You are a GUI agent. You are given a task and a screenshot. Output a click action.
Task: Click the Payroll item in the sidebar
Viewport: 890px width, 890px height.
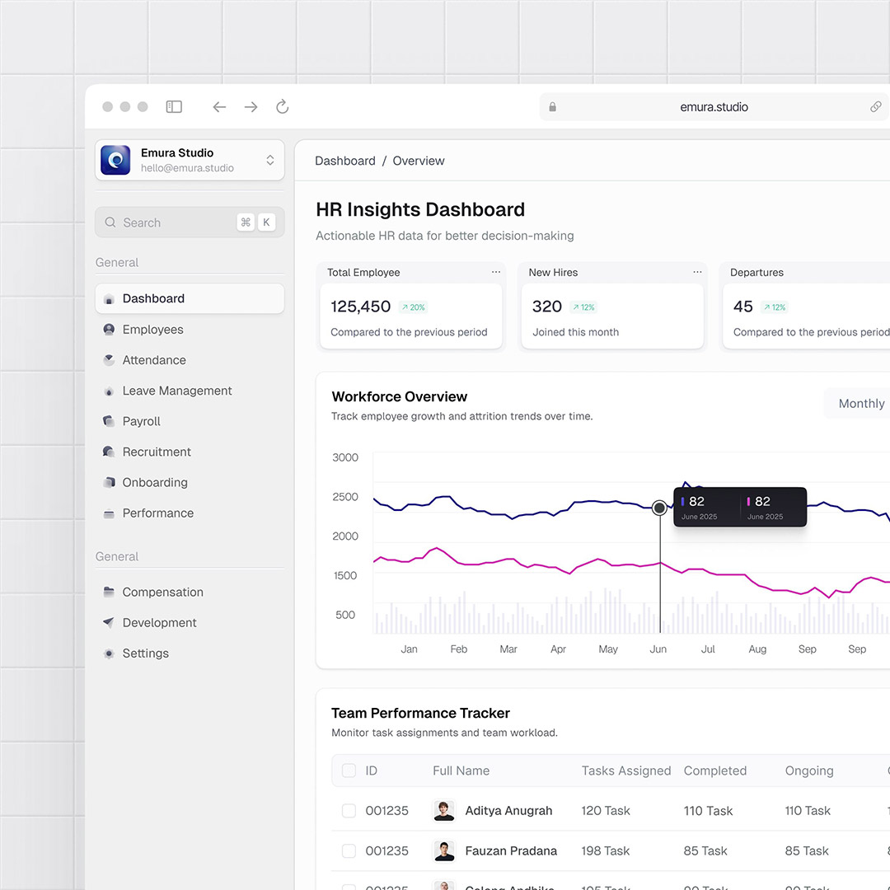[141, 421]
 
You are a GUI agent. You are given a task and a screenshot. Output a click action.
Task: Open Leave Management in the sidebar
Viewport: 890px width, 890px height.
[176, 391]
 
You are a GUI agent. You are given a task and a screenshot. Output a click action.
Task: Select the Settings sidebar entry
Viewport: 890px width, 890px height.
[145, 653]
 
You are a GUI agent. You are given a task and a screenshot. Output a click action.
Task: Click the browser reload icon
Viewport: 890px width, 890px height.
[282, 107]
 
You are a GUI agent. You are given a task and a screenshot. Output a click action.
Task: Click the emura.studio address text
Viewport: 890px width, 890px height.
[714, 107]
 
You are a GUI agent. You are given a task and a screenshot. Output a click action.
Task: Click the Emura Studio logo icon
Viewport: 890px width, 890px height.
[115, 160]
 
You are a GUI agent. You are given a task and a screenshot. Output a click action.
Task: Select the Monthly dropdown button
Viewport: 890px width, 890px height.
[860, 404]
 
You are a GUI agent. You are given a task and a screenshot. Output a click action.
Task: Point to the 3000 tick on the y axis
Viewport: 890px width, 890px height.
[345, 457]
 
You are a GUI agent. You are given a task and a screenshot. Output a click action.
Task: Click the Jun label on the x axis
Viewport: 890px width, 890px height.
[658, 649]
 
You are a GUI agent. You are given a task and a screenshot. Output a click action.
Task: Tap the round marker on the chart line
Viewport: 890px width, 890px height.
[659, 508]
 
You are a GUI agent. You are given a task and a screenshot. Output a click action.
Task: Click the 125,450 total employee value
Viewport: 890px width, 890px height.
[361, 307]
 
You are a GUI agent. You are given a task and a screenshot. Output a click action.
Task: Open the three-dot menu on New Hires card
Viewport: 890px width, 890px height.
[697, 272]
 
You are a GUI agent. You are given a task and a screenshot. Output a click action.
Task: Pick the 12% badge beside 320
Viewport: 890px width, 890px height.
[583, 307]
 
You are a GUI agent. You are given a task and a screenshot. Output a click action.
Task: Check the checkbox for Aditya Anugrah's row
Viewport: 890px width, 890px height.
[349, 811]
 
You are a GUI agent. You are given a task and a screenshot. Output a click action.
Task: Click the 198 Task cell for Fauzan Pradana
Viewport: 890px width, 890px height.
[605, 850]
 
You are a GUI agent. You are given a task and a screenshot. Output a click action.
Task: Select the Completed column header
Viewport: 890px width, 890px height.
[714, 771]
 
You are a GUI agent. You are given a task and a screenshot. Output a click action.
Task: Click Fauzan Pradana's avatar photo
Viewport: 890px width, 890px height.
[444, 850]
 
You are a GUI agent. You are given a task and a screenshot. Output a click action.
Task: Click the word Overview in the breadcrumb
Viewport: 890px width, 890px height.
[418, 161]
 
